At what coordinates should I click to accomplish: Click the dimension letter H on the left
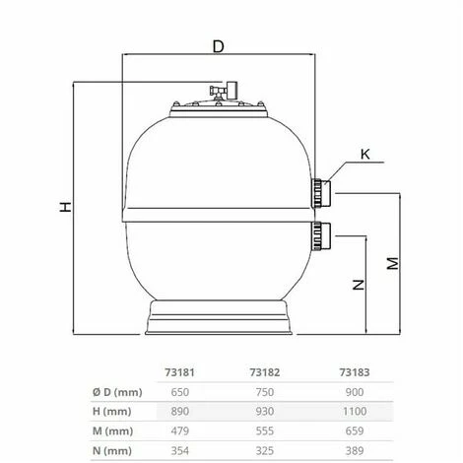pos(64,208)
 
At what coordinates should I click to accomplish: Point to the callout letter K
pos(365,153)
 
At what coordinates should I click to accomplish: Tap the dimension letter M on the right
pos(392,263)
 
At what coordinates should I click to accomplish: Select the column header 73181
pos(174,372)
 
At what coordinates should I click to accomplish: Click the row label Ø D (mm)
pos(121,392)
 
